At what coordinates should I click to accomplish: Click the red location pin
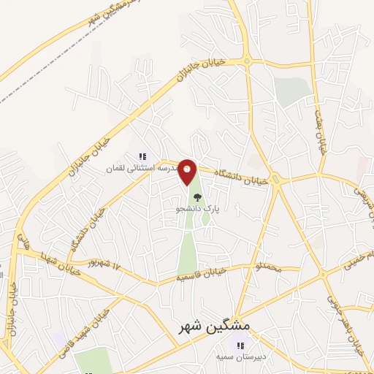point(188,172)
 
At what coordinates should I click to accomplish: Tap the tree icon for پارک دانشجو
point(196,196)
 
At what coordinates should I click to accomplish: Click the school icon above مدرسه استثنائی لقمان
point(143,156)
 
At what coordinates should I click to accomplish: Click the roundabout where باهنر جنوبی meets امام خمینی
point(323,274)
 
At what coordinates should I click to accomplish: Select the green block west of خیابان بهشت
point(293,92)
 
